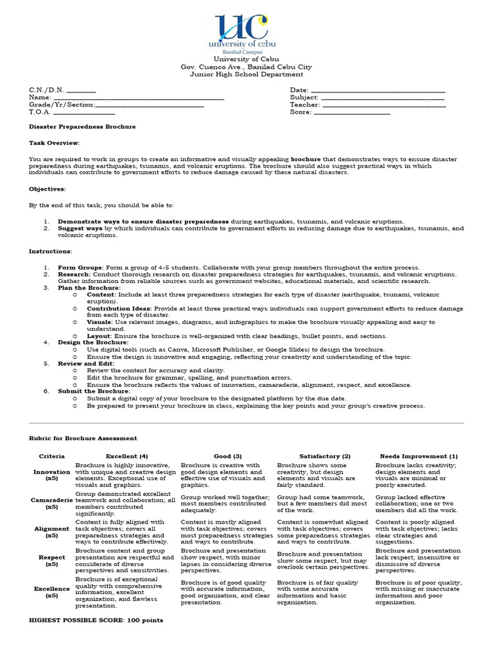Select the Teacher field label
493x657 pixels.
(x=304, y=105)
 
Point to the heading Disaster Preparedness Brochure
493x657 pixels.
(x=82, y=127)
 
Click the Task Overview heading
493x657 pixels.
(x=55, y=142)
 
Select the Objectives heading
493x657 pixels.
(x=48, y=189)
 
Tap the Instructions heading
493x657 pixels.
(x=51, y=252)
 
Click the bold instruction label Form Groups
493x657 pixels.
(x=79, y=267)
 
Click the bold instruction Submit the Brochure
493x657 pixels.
(x=94, y=391)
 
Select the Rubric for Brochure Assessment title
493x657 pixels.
(x=83, y=438)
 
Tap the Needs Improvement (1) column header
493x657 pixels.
(x=419, y=456)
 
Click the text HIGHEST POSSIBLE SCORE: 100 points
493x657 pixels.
(x=96, y=620)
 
